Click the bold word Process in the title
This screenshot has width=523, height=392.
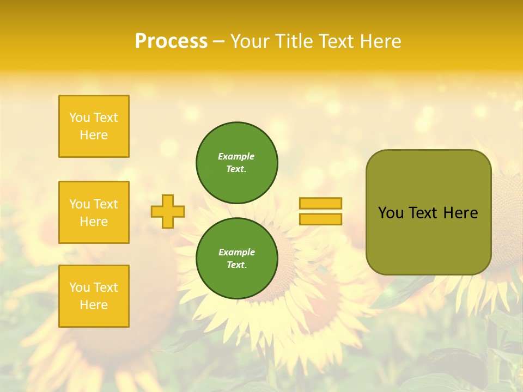pos(171,41)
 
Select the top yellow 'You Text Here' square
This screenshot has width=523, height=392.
pos(94,126)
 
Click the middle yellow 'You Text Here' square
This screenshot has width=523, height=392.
pos(94,212)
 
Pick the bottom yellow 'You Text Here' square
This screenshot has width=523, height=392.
pos(94,296)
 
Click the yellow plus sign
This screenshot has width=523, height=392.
pos(168,211)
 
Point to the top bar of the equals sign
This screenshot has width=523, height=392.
pos(320,203)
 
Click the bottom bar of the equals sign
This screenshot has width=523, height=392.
pos(320,219)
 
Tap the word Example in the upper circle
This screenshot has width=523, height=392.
pos(236,156)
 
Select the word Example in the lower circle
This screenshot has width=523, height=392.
pos(236,252)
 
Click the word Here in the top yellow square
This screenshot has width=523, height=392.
pos(94,135)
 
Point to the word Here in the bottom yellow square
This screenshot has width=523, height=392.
pos(94,305)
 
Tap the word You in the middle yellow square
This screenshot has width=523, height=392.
pos(79,204)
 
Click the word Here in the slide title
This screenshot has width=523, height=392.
pos(381,41)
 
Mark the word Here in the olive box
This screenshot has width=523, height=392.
pos(460,213)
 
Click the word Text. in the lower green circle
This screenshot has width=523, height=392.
pos(236,265)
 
